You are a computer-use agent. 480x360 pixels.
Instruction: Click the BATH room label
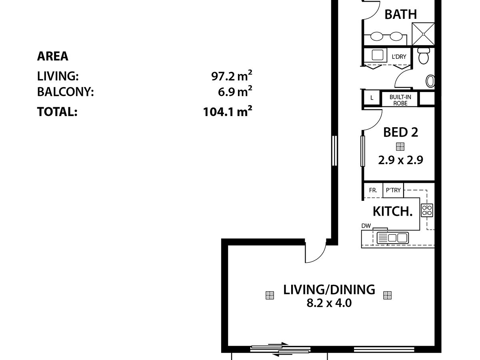[x=400, y=14]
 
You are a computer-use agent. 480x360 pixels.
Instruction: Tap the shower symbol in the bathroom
[x=423, y=34]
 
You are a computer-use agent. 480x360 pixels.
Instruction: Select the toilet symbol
[x=423, y=56]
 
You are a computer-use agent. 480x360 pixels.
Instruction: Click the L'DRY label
[x=399, y=57]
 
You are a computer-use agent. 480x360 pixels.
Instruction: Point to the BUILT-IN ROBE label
[x=400, y=100]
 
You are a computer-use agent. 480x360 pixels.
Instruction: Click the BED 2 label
[x=401, y=132]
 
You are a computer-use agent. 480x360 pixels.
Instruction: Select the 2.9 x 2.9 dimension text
[x=400, y=160]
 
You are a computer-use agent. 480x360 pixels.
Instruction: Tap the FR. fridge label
[x=373, y=190]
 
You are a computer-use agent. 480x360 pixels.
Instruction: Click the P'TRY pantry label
[x=393, y=190]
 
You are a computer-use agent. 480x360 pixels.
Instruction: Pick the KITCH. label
[x=392, y=211]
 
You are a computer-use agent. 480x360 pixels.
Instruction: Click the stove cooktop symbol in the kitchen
[x=427, y=210]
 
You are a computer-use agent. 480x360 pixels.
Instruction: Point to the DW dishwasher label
[x=366, y=226]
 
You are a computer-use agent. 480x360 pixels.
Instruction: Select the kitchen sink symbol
[x=393, y=238]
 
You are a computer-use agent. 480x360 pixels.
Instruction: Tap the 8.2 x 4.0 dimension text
[x=329, y=303]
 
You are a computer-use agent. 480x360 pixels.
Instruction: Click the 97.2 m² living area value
[x=232, y=76]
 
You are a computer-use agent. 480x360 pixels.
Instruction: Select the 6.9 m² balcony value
[x=235, y=91]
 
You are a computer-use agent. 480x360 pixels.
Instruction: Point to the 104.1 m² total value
[x=228, y=111]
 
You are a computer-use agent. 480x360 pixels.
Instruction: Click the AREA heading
[x=53, y=56]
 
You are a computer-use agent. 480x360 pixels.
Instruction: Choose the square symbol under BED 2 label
[x=400, y=147]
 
